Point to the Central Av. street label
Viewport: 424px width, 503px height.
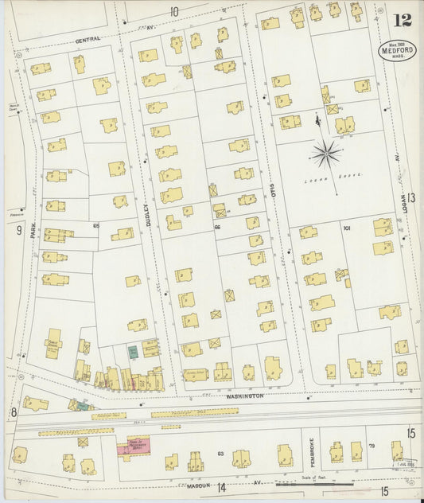pos(88,39)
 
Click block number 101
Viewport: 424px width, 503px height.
pos(346,228)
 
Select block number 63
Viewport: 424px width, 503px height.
pos(219,454)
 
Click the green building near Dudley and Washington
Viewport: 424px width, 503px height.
pos(132,351)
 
